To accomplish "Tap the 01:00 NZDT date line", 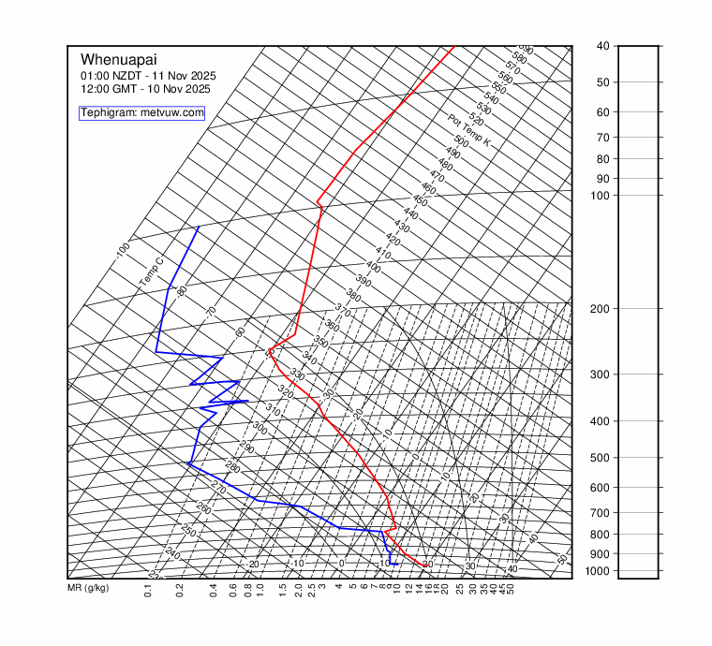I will click(145, 75).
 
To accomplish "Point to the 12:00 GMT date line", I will click(145, 89).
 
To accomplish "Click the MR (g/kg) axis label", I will click(88, 588).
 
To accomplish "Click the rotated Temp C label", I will click(151, 272).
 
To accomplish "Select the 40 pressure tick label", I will click(602, 46).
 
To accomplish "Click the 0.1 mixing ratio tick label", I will click(148, 591).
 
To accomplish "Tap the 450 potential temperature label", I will click(420, 201).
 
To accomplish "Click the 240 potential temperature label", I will click(171, 553).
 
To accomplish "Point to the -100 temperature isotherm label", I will click(122, 251).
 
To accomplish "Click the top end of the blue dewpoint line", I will click(199, 228).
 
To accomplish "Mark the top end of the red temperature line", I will click(453, 46).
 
